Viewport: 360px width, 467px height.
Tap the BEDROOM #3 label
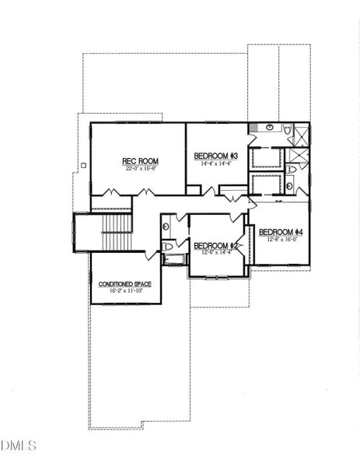[x=215, y=156]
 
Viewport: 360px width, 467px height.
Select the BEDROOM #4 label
[x=280, y=232]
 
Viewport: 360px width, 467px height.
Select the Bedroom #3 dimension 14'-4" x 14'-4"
[x=215, y=163]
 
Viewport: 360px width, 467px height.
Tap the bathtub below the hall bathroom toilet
[x=175, y=258]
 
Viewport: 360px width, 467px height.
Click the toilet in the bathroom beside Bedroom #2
[x=167, y=246]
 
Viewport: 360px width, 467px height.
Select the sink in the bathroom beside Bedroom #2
[x=166, y=226]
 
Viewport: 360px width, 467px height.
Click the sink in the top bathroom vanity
[x=269, y=126]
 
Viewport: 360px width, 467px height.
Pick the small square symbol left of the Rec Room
[x=82, y=164]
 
